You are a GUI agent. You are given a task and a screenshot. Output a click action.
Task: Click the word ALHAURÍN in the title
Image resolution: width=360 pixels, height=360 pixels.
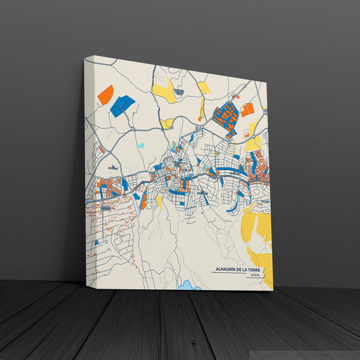coord(225,269)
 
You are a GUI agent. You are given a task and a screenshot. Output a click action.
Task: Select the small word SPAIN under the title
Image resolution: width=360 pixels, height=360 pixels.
coord(254,275)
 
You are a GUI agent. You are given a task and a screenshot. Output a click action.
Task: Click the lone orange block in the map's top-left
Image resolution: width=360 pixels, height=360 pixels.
coord(105,95)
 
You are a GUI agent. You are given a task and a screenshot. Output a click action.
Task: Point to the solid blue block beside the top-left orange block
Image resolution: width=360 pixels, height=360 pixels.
coord(122,105)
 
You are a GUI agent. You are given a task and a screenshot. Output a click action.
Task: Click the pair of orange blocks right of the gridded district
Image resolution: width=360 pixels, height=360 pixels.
coord(247,109)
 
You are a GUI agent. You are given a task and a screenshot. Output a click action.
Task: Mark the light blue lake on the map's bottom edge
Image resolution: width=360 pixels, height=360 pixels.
coord(189,286)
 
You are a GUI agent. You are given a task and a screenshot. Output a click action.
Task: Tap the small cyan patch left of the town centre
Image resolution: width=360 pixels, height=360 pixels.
coord(140,145)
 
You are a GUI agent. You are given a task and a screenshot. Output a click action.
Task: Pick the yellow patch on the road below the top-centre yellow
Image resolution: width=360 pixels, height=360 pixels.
coord(167,123)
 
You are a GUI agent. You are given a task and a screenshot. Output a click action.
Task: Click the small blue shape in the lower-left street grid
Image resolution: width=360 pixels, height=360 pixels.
coord(96,241)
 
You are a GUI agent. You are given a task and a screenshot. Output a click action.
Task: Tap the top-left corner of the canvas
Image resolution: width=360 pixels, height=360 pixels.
coord(85,59)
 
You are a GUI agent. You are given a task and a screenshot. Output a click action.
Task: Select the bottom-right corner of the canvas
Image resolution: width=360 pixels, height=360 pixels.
coord(273,290)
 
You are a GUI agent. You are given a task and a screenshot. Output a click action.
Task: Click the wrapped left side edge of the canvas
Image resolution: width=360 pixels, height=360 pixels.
coord(86,169)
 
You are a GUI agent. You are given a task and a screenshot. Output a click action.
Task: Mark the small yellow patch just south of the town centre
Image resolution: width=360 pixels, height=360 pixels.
coord(159,201)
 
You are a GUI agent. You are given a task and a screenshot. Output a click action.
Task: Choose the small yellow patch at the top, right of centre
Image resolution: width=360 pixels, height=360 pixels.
coord(203,87)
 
